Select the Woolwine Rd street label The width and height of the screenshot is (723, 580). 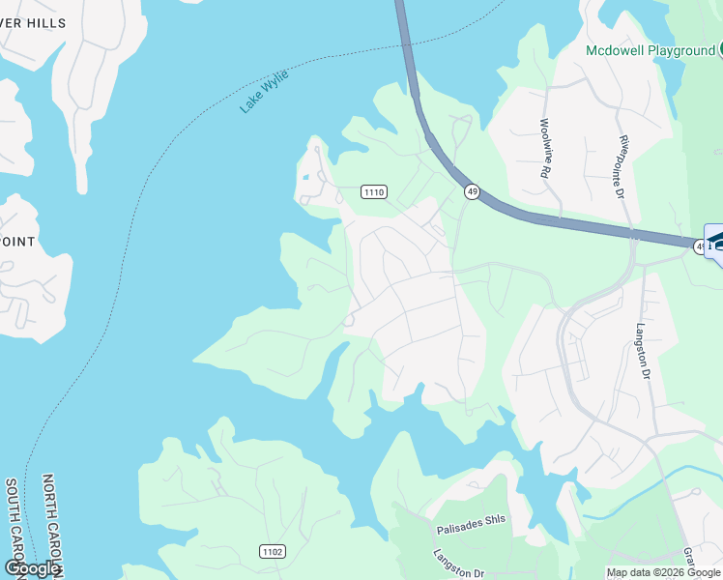click(x=545, y=147)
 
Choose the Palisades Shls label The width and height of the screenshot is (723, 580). click(x=471, y=519)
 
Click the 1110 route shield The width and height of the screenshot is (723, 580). click(x=374, y=192)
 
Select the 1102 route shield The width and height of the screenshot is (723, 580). click(x=272, y=551)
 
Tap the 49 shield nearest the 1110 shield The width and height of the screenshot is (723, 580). click(x=472, y=192)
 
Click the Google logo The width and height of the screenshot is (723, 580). click(x=32, y=568)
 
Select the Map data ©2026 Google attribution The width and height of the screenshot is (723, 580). click(x=663, y=572)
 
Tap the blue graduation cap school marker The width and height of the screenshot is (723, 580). click(x=717, y=241)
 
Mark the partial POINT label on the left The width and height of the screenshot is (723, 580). click(x=18, y=242)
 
